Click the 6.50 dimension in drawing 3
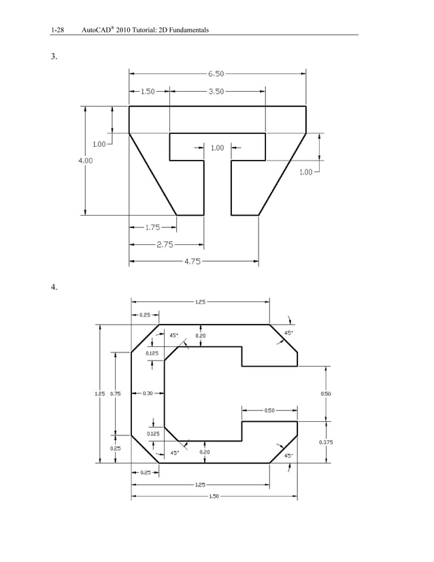(217, 73)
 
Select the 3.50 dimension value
(216, 90)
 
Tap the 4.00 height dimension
(85, 161)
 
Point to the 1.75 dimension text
(152, 227)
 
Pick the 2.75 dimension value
(165, 244)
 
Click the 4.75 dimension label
(193, 261)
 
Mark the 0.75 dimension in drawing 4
(116, 393)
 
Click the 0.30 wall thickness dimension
(148, 393)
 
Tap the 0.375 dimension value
(326, 443)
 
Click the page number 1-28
(57, 30)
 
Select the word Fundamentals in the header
(183, 30)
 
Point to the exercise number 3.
(54, 56)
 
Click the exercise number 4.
(54, 286)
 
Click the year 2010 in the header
(124, 30)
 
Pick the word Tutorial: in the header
(147, 30)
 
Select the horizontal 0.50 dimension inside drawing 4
(269, 410)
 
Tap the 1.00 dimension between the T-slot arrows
(217, 148)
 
